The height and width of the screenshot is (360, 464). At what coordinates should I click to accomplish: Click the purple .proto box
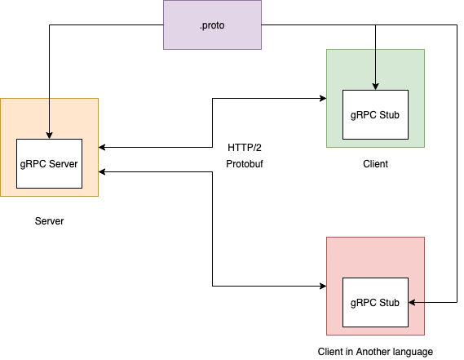tap(212, 25)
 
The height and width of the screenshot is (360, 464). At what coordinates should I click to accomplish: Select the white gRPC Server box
tap(49, 163)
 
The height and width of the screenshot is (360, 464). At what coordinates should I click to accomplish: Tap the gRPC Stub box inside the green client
tap(375, 114)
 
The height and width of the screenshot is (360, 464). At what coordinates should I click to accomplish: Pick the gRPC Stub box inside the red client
tap(375, 302)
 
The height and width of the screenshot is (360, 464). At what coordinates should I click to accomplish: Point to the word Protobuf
tap(245, 164)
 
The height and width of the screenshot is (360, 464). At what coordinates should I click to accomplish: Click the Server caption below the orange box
tap(49, 221)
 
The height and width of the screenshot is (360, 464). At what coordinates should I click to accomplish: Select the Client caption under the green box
tap(375, 164)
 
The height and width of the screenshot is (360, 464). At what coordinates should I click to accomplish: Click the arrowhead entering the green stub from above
tap(375, 86)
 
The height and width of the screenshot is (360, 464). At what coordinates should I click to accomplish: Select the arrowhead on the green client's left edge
tap(322, 99)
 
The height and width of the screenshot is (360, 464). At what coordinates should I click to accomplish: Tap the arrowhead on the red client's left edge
tap(322, 287)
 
